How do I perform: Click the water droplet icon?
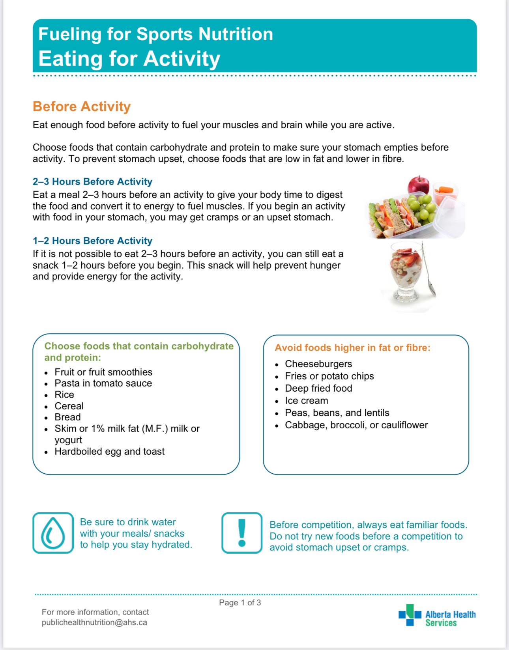click(x=53, y=533)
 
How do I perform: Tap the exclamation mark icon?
click(x=242, y=533)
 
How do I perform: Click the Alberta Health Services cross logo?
click(x=410, y=615)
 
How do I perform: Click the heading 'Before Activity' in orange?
click(x=82, y=106)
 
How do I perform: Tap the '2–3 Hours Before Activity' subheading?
click(x=92, y=181)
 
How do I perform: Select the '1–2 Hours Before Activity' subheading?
click(x=92, y=241)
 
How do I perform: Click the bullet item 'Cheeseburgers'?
click(x=318, y=364)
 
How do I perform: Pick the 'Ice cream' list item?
click(x=307, y=400)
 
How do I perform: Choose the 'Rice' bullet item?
click(x=64, y=394)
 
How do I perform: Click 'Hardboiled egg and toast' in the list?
click(x=110, y=451)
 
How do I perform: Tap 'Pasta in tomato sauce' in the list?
click(x=103, y=383)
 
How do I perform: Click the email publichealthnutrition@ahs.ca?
click(x=94, y=622)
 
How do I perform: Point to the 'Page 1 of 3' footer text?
click(x=240, y=602)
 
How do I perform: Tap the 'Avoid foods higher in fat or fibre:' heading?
click(x=352, y=347)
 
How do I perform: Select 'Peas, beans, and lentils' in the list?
click(x=337, y=413)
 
